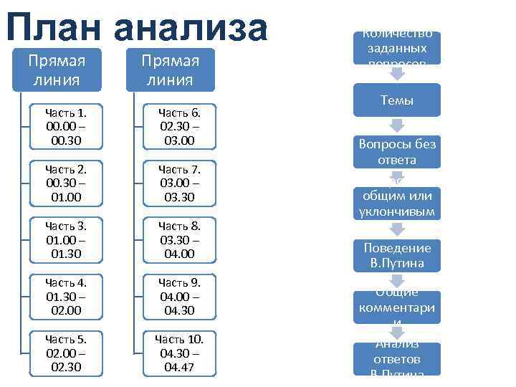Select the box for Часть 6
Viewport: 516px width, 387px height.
(179, 127)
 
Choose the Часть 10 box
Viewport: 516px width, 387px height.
(179, 352)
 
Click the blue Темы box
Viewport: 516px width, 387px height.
(396, 100)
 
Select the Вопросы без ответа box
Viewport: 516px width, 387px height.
(396, 152)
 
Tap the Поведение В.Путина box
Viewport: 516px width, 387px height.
(396, 255)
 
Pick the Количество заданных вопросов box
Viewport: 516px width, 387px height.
(396, 48)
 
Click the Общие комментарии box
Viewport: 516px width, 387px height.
(396, 307)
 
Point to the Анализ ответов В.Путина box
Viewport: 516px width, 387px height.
(396, 358)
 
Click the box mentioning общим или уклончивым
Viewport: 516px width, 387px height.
(396, 204)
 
